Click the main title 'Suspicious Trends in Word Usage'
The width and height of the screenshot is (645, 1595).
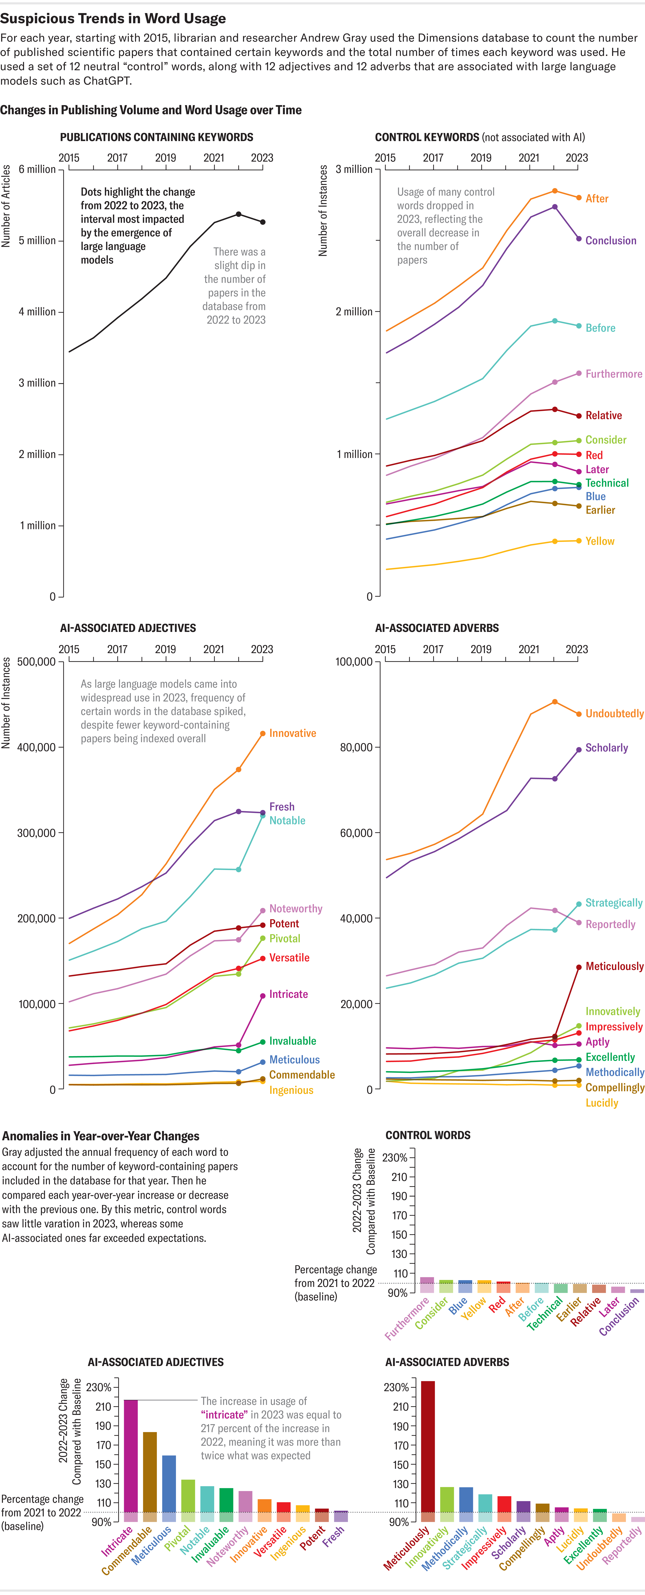pos(113,19)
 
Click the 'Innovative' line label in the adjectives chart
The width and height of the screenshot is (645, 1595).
pos(292,733)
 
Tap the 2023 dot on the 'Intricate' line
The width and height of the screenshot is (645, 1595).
pos(262,996)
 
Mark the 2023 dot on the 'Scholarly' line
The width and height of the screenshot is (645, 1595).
pos(579,750)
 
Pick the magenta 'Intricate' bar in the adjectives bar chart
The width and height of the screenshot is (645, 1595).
pos(131,1458)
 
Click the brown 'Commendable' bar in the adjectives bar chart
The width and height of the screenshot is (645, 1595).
pos(150,1474)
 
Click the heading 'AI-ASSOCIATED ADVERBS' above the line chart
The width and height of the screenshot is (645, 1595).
pos(436,628)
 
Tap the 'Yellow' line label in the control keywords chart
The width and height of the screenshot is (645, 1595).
pos(600,541)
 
